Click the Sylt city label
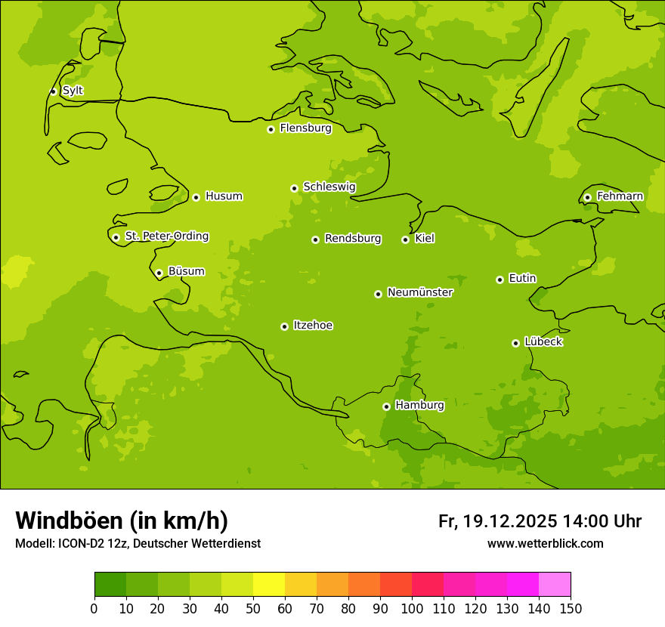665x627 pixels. coord(73,91)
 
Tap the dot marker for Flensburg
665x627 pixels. coord(271,129)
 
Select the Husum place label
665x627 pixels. coord(224,196)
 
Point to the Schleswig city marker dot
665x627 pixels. coord(294,188)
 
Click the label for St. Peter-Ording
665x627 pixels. coord(167,236)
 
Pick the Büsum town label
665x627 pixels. coord(186,271)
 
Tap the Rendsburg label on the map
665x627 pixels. coord(353,239)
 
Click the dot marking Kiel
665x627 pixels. coord(405,239)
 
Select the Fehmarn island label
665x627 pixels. coord(620,196)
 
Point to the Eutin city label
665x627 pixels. coord(522,279)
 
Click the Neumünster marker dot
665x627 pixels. coord(378,294)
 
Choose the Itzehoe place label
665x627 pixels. coord(313,326)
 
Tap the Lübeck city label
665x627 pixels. coord(543,342)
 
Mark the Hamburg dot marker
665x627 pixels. coord(386,406)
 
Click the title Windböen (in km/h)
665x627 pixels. coord(122,520)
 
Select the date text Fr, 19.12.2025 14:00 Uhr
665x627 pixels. coord(540,521)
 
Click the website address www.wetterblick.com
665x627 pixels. coord(545,544)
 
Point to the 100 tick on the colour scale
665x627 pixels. coord(412,609)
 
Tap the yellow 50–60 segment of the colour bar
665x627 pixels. coord(268,585)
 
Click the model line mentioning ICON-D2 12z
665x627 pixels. coord(138,544)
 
